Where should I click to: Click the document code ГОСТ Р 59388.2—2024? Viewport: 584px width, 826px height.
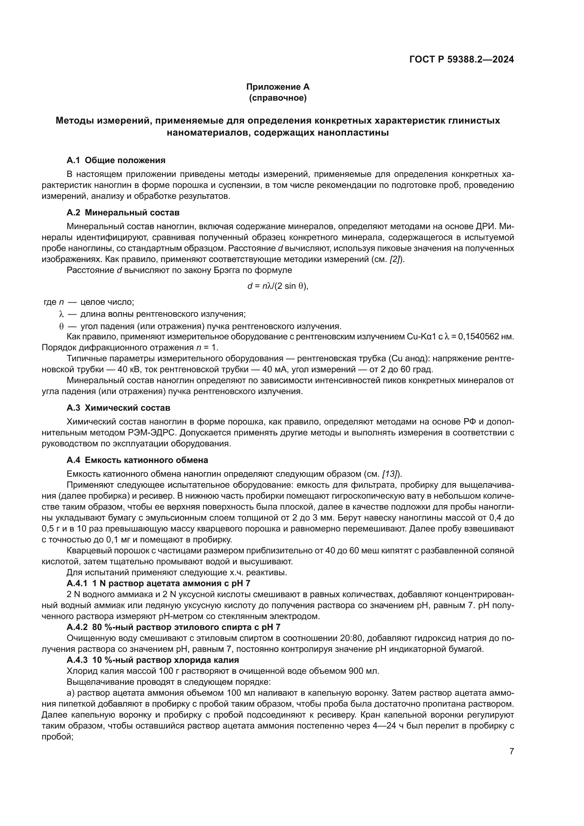click(461, 60)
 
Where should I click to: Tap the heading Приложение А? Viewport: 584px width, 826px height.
click(278, 87)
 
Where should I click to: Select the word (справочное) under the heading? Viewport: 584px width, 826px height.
click(278, 98)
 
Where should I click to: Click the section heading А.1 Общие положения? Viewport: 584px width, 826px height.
click(116, 160)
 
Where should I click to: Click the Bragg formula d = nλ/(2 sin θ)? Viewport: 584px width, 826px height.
click(278, 286)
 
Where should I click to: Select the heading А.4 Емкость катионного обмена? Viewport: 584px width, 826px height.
click(137, 460)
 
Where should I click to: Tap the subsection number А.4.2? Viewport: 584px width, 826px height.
click(77, 627)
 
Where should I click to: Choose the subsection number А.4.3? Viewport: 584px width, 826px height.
click(77, 660)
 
